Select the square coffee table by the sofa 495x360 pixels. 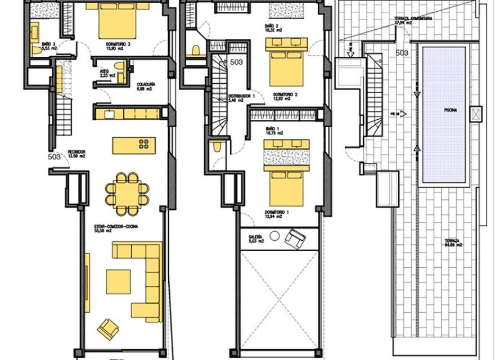(x=118, y=282)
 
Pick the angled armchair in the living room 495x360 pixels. (x=107, y=327)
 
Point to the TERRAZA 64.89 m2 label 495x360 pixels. (x=452, y=242)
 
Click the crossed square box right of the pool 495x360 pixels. (x=477, y=114)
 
